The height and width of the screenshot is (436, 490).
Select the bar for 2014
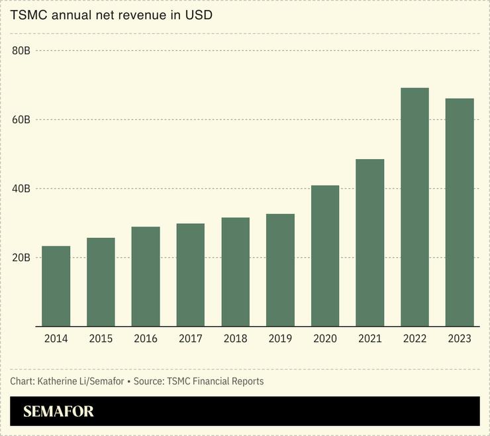click(56, 286)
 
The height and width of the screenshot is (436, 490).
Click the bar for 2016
click(146, 276)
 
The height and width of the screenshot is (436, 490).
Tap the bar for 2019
click(280, 270)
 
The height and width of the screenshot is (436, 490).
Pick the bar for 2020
click(325, 256)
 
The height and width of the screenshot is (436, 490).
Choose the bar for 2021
click(370, 243)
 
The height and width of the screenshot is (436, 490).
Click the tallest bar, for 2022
click(415, 207)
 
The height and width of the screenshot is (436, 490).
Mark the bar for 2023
click(460, 212)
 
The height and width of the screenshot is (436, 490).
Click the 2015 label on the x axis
click(101, 339)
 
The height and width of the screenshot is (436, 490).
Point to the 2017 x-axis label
click(191, 339)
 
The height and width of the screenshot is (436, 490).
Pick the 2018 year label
click(235, 339)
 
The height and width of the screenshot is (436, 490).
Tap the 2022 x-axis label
click(415, 339)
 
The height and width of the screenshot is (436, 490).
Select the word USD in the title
click(199, 15)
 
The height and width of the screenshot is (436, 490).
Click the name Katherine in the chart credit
click(60, 381)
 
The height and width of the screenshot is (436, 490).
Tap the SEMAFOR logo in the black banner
click(58, 411)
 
